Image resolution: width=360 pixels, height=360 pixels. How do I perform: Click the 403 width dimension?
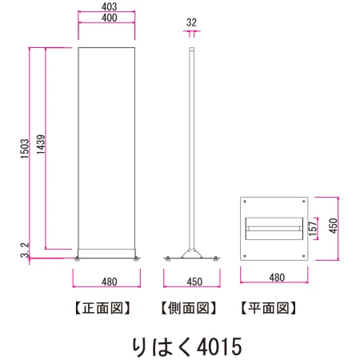[x=109, y=6]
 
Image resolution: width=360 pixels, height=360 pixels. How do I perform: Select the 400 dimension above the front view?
[x=109, y=18]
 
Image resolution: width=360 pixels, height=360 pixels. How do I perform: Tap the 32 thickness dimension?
[x=191, y=22]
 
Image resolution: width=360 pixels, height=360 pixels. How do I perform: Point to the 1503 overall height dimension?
[x=25, y=149]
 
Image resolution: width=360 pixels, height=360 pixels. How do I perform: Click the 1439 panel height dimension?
[x=41, y=144]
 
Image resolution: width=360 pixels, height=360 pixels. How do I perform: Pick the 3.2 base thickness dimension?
[x=25, y=250]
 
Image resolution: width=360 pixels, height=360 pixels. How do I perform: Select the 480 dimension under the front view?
[x=110, y=282]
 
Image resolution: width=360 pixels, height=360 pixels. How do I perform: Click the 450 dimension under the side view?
[x=194, y=282]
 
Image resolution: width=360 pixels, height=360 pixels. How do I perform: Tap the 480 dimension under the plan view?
[x=277, y=278]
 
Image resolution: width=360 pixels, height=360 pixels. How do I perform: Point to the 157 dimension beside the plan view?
[x=313, y=229]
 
